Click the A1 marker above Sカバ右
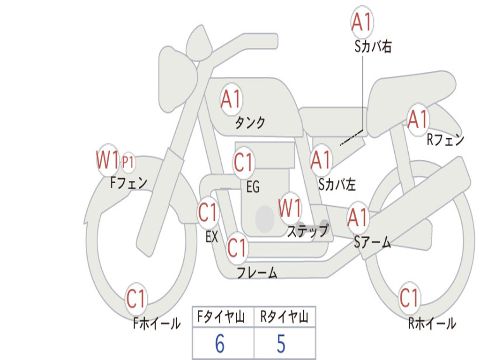point(362,22)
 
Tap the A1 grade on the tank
point(231,99)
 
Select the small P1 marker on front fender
point(128,162)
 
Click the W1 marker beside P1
point(107,160)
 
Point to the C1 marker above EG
point(244,163)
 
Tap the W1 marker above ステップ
point(290,209)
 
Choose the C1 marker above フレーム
point(237,247)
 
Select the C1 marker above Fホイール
point(136,299)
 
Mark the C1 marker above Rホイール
point(409,298)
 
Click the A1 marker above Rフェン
point(418,119)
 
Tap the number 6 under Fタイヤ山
point(220,344)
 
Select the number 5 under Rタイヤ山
point(281,344)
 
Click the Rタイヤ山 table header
point(284,317)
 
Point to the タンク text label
point(250,123)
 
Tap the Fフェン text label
point(129,182)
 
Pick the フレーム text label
point(257,272)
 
